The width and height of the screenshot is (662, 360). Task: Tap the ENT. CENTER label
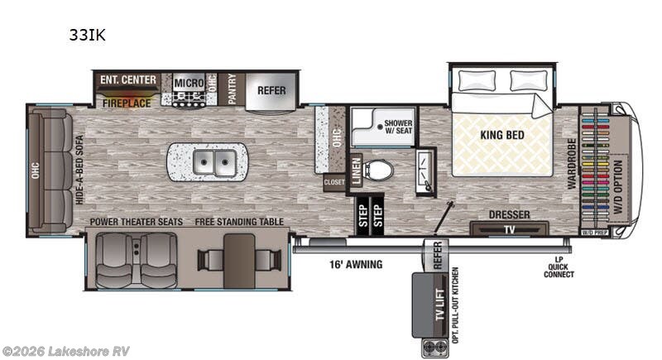pos(128,80)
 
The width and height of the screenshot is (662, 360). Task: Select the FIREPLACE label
pos(127,103)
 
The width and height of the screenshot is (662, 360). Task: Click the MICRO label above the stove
pos(189,83)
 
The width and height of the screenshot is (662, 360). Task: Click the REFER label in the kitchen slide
pos(271,89)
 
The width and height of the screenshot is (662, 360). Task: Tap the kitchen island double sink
pos(208,161)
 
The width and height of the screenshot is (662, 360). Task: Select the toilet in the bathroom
pos(379,170)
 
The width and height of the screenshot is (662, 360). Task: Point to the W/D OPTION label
pos(619,189)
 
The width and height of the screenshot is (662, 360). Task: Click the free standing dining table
pos(238,259)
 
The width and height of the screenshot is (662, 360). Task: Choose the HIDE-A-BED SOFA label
pos(80,170)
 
